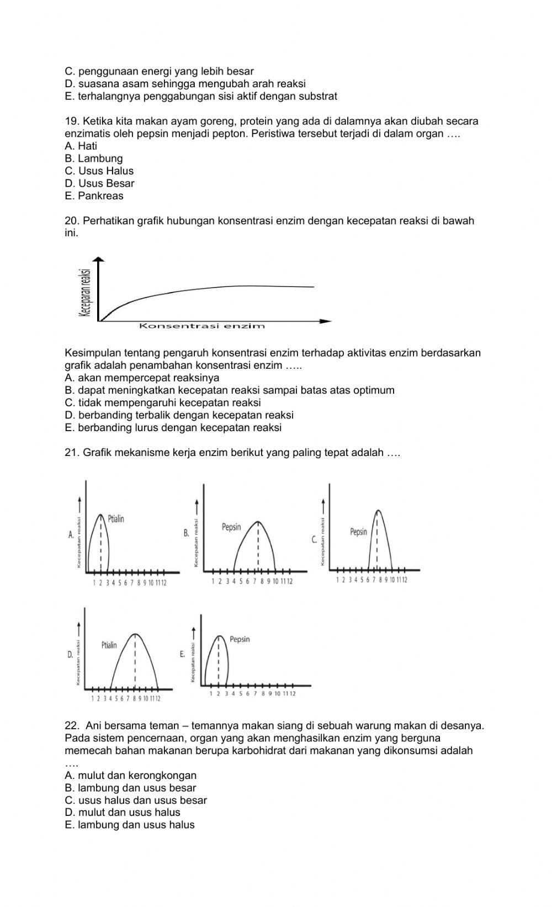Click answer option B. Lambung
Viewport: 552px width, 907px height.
coord(93,158)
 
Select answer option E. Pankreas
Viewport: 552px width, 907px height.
coord(94,196)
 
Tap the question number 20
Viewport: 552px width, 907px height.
coord(72,221)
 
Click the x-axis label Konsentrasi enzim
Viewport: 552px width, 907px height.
coord(201,326)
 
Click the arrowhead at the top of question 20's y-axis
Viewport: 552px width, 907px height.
coord(99,259)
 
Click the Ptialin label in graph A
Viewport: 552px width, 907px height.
coord(116,519)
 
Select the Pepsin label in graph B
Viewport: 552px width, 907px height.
coord(231,527)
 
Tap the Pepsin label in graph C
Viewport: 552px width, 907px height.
coord(358,532)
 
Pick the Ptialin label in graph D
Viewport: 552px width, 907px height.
coord(109,645)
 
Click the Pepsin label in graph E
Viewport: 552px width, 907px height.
coord(240,639)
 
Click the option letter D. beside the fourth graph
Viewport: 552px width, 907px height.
coord(70,655)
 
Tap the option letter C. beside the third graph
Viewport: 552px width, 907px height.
coord(314,540)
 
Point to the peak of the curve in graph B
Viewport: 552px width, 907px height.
coord(258,521)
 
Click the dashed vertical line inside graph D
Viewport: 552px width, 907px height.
coord(135,662)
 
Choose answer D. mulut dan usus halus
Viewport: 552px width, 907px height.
coord(122,812)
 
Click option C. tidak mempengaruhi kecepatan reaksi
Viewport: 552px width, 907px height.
coord(162,402)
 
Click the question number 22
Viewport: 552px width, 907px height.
coord(72,725)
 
